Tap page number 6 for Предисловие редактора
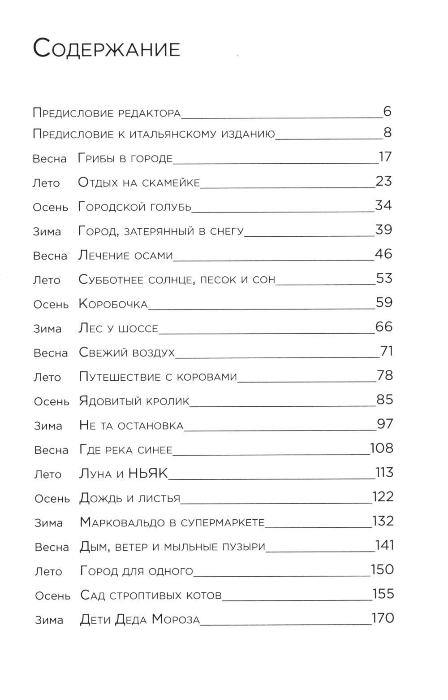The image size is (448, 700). [x=388, y=111]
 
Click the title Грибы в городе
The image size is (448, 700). [x=125, y=158]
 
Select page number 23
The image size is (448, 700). [x=383, y=181]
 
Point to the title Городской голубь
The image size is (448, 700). [x=135, y=207]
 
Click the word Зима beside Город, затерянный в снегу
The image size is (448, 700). [x=47, y=232]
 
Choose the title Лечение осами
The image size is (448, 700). [x=125, y=255]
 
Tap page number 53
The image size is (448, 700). [x=384, y=278]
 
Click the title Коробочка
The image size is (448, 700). [x=113, y=304]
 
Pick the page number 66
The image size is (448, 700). [x=384, y=327]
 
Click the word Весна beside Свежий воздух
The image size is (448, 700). [x=51, y=353]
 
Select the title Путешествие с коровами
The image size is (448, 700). [x=158, y=376]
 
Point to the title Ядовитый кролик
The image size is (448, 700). [x=134, y=400]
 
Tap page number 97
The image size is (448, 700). [x=385, y=424]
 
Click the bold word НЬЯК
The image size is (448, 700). [x=148, y=473]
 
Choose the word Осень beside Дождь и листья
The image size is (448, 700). [x=52, y=499]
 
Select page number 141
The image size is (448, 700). [x=384, y=545]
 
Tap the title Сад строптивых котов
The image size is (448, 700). [x=151, y=595]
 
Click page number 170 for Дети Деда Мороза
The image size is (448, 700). [x=383, y=618]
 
